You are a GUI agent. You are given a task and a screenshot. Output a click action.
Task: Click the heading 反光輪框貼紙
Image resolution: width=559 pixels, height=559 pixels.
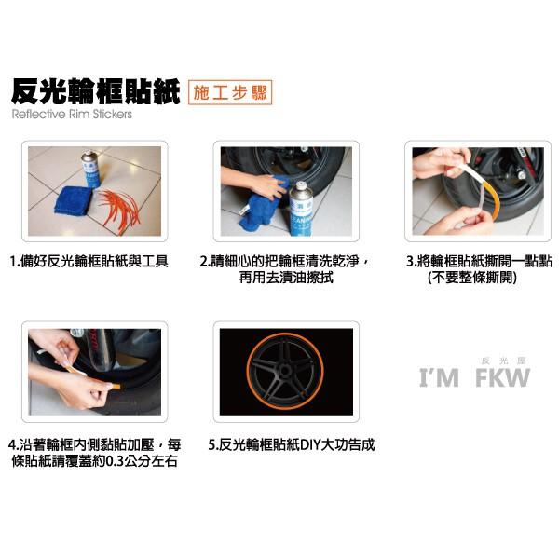point(95,92)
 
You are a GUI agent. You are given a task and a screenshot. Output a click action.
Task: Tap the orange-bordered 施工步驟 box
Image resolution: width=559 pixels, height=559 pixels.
point(230,92)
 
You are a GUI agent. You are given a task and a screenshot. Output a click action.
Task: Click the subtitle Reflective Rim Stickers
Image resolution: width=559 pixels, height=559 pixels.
point(73,116)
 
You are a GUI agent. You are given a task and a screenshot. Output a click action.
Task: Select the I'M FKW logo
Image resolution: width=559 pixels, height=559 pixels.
point(474,377)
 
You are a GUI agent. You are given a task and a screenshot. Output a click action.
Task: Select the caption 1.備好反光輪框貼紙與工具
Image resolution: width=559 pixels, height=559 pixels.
point(89,262)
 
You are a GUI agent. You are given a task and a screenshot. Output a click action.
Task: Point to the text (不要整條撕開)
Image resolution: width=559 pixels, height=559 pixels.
point(471,278)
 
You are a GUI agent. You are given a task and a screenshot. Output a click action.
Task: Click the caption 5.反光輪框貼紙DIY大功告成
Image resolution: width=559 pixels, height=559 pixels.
point(291,445)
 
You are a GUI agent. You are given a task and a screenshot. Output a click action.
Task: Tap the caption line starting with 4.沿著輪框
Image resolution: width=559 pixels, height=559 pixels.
point(94,445)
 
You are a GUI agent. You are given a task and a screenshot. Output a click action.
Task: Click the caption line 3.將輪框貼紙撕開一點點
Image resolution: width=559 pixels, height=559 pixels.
point(474,262)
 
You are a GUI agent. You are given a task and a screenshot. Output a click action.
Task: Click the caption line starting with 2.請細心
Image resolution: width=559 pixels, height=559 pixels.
point(284,262)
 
